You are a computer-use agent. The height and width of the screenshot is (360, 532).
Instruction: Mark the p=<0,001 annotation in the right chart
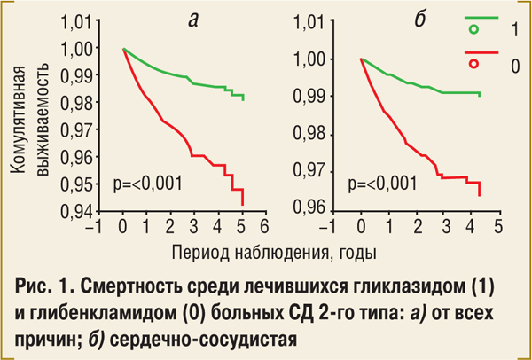(383, 184)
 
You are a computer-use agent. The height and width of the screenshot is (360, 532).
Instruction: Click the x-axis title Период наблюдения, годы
(274, 252)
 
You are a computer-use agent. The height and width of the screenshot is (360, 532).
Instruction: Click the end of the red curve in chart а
(243, 203)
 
